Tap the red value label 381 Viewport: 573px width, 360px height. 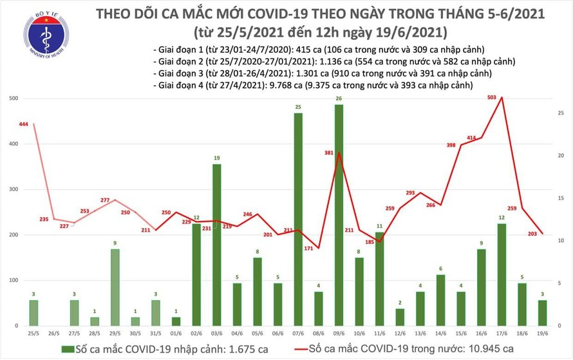328,153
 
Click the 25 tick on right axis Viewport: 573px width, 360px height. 561,113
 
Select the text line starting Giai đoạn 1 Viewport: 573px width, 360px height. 319,50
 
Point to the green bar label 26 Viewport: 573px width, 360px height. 339,99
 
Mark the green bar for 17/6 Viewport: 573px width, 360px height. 501,275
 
